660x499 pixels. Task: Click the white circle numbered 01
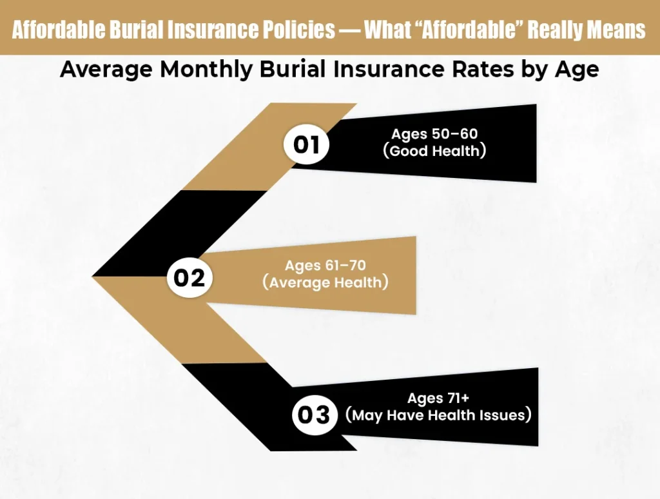[307, 144]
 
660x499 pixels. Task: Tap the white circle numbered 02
[189, 277]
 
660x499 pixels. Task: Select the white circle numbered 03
[315, 415]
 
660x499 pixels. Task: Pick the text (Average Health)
[325, 283]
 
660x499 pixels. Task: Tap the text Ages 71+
[438, 397]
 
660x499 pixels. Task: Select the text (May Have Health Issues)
[438, 415]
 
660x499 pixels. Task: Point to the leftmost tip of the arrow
[94, 277]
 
